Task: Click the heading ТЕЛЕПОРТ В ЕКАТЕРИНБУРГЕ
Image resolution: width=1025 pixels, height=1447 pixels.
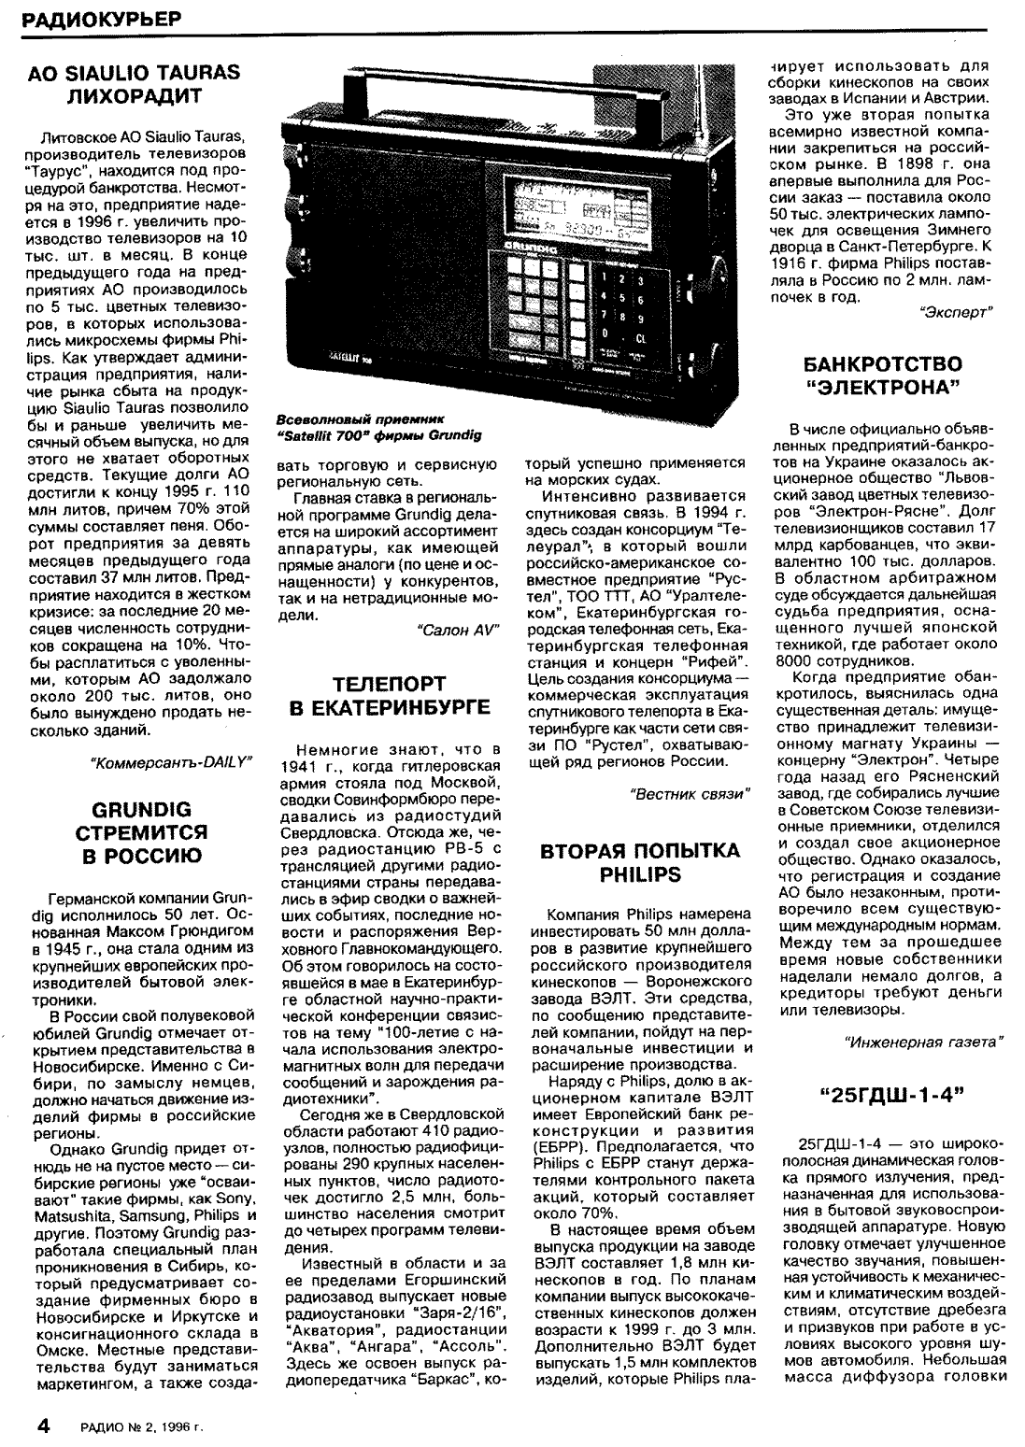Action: (391, 695)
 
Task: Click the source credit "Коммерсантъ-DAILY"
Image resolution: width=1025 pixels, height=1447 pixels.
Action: (171, 761)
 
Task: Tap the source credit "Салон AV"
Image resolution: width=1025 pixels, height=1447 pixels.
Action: (455, 630)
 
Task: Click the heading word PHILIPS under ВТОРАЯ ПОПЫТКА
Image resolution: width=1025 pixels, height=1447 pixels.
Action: (640, 874)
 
